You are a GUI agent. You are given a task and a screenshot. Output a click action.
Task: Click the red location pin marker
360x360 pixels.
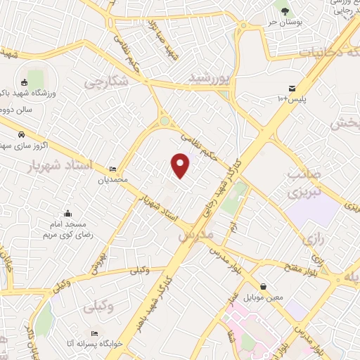(x=181, y=165)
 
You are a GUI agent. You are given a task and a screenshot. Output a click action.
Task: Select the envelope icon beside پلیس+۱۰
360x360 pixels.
(x=291, y=87)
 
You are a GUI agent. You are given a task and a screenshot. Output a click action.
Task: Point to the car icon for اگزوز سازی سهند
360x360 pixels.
(x=22, y=133)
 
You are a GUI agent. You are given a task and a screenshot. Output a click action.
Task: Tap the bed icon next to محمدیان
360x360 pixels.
(x=113, y=169)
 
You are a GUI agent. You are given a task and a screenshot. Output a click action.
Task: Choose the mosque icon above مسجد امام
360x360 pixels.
(x=67, y=214)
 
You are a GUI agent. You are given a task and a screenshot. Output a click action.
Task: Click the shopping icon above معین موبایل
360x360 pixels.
(x=263, y=287)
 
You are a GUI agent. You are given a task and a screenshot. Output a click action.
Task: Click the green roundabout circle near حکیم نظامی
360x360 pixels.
(x=165, y=121)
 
